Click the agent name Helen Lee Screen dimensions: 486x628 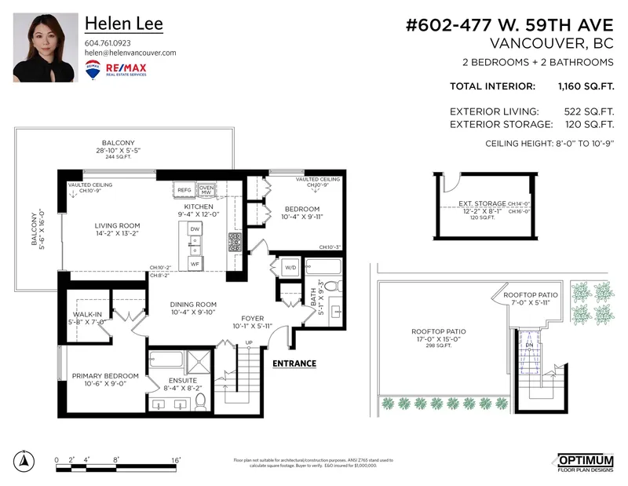click(x=123, y=24)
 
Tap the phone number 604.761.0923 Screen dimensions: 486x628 click(x=108, y=42)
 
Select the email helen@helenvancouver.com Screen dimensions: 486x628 click(x=130, y=53)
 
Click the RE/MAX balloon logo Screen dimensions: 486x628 click(x=92, y=68)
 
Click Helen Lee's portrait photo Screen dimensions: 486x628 click(x=46, y=48)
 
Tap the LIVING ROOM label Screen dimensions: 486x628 click(x=112, y=225)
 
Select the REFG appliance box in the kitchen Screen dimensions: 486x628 click(x=184, y=190)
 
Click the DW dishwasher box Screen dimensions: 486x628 click(x=195, y=228)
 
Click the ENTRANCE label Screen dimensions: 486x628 click(x=294, y=364)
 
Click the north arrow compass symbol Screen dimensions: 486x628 click(x=25, y=461)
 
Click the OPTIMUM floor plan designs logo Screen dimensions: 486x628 click(x=586, y=462)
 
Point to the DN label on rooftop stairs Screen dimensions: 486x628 click(x=529, y=345)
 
